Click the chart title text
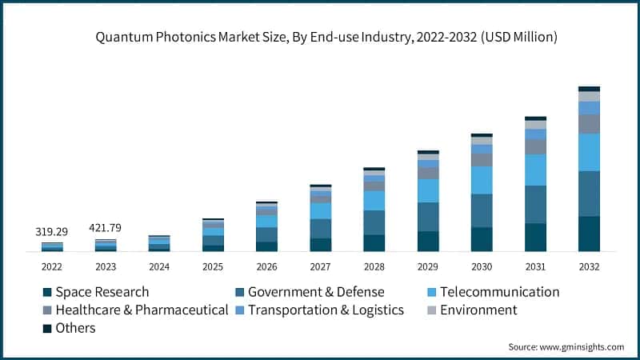point(320,37)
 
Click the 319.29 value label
point(52,231)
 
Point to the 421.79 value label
point(106,227)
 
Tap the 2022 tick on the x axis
point(52,266)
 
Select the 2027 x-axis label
point(320,266)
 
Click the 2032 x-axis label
point(589,266)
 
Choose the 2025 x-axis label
point(213,266)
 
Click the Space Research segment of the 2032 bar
point(589,234)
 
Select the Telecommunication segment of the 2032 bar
point(589,152)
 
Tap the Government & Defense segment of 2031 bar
point(535,204)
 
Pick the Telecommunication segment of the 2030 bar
point(482,180)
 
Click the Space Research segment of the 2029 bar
point(428,242)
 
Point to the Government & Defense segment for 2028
point(374,222)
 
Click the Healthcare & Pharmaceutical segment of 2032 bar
point(589,123)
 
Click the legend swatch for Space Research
point(47,292)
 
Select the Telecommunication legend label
point(509,292)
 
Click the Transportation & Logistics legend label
point(326,310)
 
